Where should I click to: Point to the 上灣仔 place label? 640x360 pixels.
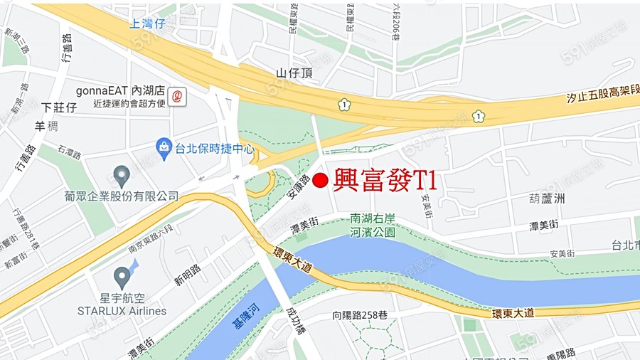(x=147, y=23)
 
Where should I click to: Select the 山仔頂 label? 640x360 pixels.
(x=294, y=73)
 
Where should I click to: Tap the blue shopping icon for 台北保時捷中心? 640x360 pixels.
(x=164, y=149)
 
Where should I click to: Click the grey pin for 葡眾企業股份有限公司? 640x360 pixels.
(x=122, y=175)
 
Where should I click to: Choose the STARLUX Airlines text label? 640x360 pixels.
(x=122, y=311)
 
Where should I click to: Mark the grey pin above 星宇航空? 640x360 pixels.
(x=122, y=276)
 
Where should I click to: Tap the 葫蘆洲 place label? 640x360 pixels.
(x=546, y=199)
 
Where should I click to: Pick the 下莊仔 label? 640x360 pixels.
(x=59, y=107)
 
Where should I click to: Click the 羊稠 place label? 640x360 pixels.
(x=46, y=126)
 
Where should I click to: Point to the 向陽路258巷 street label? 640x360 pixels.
(x=360, y=315)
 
